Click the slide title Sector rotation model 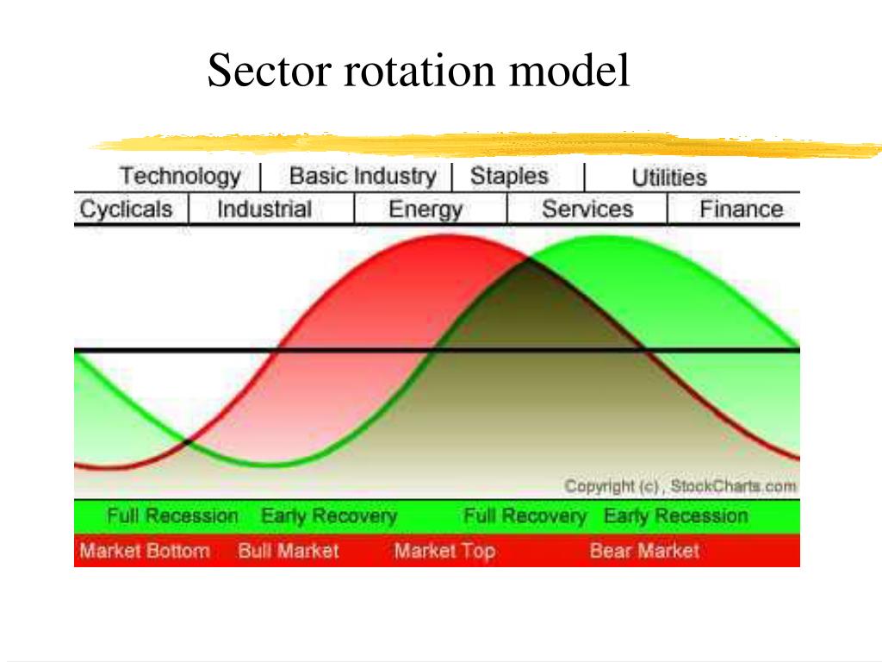pos(419,71)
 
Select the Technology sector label pos(179,177)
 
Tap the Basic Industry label pos(363,177)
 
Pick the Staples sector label pos(508,177)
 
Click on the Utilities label pos(668,178)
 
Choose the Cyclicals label pos(126,209)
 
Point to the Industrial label pos(264,209)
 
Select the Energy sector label pos(425,209)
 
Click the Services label pos(587,209)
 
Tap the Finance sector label pos(741,209)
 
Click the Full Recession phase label pos(172,516)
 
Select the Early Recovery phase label pos(329,516)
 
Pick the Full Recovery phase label pos(525,516)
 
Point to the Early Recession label pos(675,516)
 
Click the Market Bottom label pos(144,551)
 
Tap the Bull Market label pos(289,551)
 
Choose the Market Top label pos(444,551)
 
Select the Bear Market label pos(644,551)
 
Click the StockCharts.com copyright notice pos(680,486)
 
